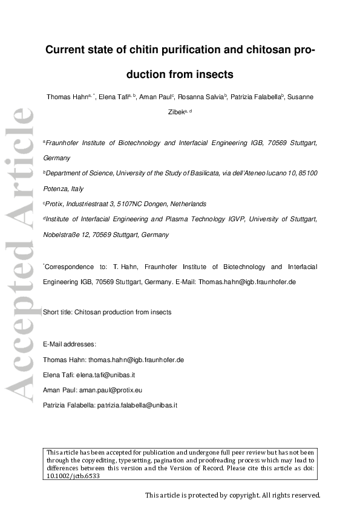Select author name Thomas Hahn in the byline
coord(67,97)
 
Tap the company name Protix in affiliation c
coord(54,204)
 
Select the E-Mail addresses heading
coord(70,344)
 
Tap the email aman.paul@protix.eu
coord(110,391)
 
